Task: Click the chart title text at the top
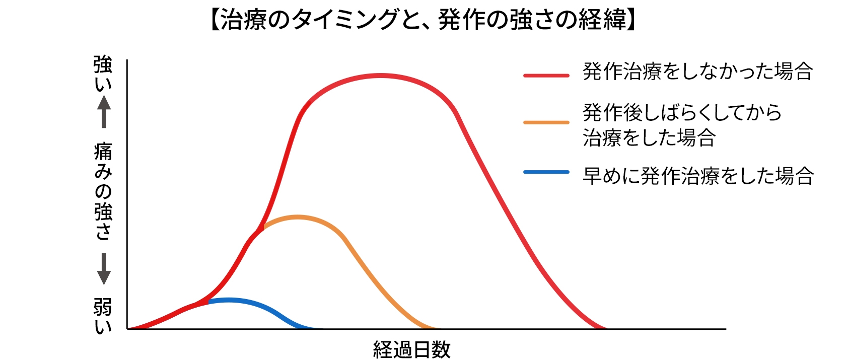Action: click(422, 20)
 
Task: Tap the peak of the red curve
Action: click(380, 76)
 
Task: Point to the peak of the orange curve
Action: click(298, 218)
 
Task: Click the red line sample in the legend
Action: click(546, 76)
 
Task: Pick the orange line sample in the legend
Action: click(546, 122)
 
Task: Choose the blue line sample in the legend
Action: click(546, 172)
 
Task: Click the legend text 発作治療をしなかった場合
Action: click(697, 71)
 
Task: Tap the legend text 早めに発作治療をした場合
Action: click(697, 176)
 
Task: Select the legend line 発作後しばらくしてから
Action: click(682, 112)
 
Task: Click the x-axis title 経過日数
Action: click(411, 349)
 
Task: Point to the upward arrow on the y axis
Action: click(104, 111)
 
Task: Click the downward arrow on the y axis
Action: click(104, 269)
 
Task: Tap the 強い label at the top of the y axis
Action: click(103, 74)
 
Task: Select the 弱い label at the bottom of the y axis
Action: click(103, 315)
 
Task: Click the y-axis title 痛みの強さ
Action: click(103, 191)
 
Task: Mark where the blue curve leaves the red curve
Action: click(208, 302)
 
